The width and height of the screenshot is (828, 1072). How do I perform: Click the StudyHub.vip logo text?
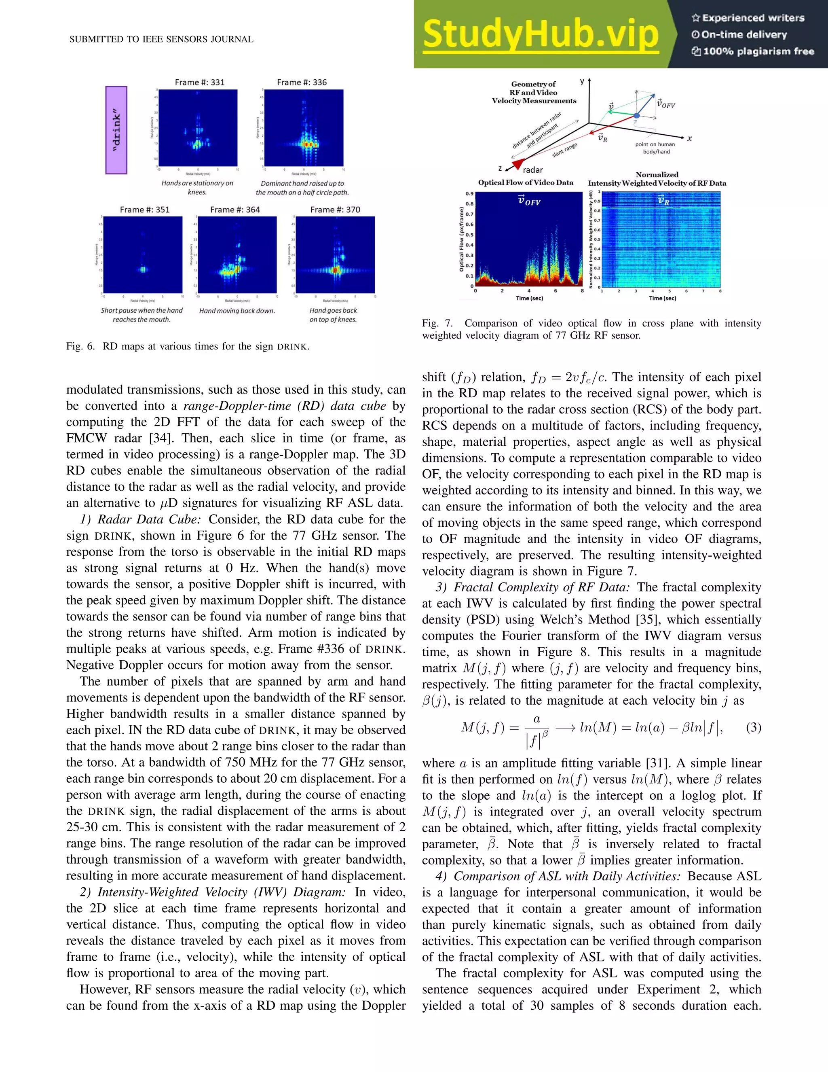point(540,34)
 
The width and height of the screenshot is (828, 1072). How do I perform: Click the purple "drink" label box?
point(116,130)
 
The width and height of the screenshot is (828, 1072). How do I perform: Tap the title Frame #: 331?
point(200,83)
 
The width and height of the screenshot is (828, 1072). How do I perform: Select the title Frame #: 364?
point(235,210)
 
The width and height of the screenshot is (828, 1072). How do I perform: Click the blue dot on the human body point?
point(636,115)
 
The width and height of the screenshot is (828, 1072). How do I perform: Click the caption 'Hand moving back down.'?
point(237,311)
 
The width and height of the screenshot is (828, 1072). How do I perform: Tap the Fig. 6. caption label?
point(81,347)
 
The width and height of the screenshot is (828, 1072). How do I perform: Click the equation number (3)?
point(754,727)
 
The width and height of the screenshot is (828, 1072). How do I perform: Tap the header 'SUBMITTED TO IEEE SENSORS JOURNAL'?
point(161,39)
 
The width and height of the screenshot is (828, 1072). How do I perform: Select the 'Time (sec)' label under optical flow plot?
point(529,298)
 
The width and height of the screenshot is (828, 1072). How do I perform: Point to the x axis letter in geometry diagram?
point(689,139)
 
